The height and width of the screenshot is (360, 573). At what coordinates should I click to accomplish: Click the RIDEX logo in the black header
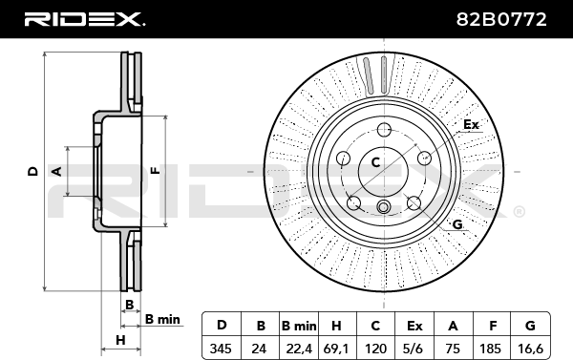(84, 19)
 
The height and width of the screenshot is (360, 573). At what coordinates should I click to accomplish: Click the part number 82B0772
(501, 19)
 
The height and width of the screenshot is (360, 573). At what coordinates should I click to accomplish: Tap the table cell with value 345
(221, 349)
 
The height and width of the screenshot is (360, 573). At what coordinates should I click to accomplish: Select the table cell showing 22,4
(299, 349)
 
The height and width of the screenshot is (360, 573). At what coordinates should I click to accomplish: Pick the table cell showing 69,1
(336, 349)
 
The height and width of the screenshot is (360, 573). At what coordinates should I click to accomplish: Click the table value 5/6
(414, 349)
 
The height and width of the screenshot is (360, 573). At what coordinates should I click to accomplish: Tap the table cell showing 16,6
(530, 349)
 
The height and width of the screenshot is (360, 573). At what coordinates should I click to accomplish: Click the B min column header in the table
(299, 326)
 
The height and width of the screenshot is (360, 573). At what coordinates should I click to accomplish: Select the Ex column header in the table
(414, 326)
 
